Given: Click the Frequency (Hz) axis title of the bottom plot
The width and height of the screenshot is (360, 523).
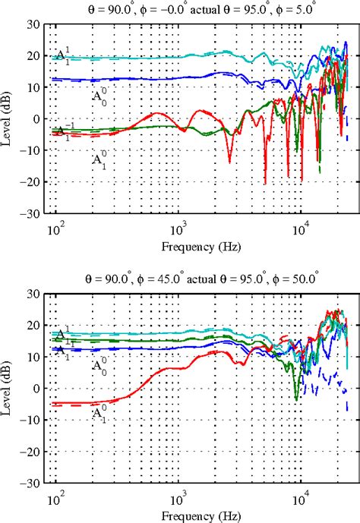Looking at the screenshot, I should [197, 515].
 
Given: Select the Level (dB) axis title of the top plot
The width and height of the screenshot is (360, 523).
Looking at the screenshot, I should [10, 119].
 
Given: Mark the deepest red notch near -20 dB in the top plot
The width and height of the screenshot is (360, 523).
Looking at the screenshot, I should [265, 183].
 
